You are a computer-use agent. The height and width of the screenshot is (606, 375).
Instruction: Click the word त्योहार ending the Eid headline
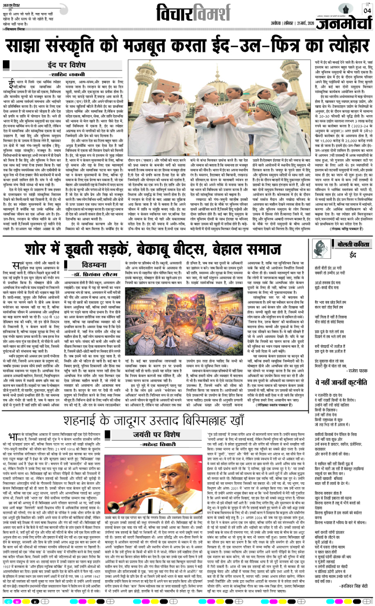pos(334,46)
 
